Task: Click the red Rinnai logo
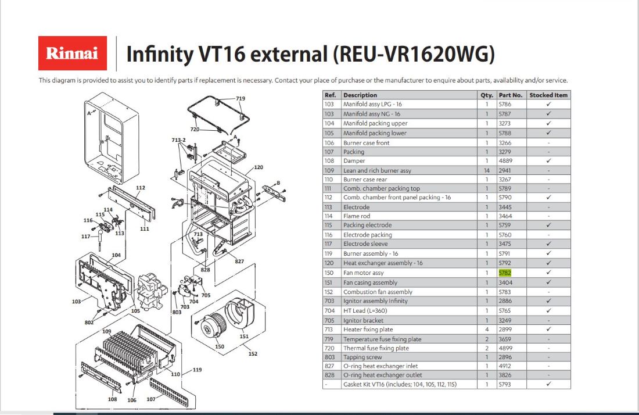73,53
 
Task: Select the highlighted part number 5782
504,273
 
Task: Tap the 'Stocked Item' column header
548,95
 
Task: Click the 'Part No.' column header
510,95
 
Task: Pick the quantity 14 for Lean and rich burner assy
487,170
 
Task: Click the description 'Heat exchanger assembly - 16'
383,263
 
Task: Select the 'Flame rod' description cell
357,216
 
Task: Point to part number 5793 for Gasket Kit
504,384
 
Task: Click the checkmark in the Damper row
548,160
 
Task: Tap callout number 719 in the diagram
240,98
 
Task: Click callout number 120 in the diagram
259,167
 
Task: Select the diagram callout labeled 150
219,346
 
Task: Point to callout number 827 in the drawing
239,262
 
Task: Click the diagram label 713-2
178,140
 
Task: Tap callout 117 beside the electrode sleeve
85,237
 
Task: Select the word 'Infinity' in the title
160,54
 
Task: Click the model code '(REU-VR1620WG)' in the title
414,54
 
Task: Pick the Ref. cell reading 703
329,301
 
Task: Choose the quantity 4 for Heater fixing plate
487,329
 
